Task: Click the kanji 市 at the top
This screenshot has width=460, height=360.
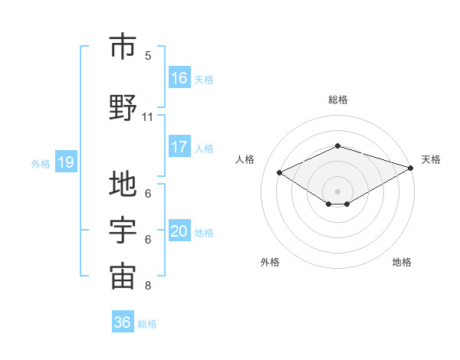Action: [x=123, y=47]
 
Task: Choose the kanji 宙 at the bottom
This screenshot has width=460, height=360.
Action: [x=123, y=277]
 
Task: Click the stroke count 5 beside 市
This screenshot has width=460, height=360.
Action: [x=148, y=56]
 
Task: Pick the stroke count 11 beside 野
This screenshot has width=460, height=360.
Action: [x=148, y=117]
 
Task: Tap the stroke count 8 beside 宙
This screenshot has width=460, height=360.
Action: [x=148, y=286]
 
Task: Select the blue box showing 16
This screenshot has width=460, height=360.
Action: [x=179, y=77]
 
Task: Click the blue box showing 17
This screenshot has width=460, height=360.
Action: [x=179, y=146]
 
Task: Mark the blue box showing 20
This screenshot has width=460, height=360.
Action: [x=179, y=231]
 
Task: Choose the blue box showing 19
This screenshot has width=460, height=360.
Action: [x=66, y=162]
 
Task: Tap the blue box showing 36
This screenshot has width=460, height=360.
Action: [x=123, y=322]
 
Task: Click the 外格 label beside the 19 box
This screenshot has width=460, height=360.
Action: [x=41, y=163]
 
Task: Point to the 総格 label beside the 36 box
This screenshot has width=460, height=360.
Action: [x=147, y=324]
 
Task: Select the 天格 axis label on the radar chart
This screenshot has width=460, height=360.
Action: [x=431, y=159]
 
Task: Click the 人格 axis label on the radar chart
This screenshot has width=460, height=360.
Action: [x=245, y=159]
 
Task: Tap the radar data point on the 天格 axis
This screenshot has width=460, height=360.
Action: [x=412, y=167]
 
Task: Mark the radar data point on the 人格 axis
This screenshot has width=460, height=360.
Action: [x=280, y=172]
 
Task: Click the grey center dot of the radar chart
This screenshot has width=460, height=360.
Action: [x=337, y=190]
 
